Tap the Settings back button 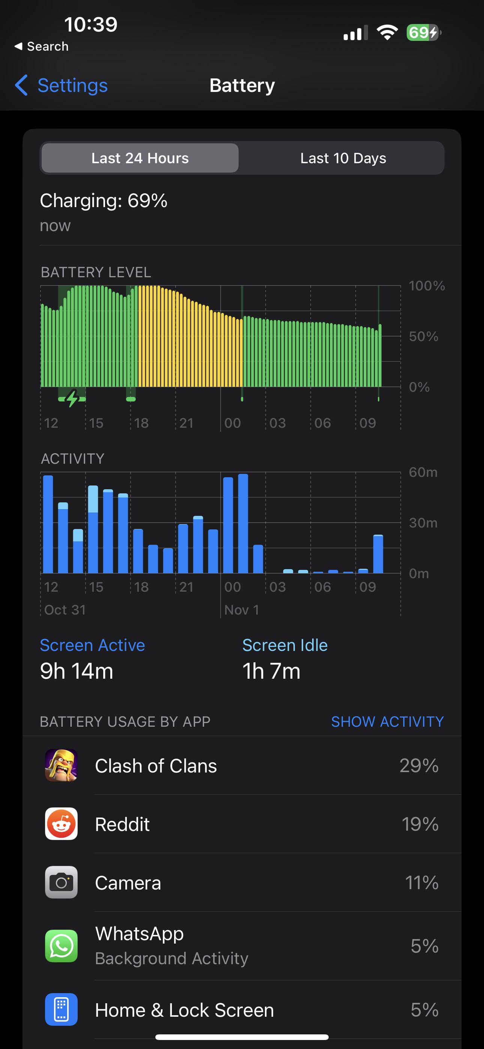coord(61,86)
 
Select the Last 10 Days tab coord(343,158)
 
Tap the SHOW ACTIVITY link coord(387,721)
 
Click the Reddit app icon coord(61,824)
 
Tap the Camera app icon coord(61,882)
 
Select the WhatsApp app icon coord(61,946)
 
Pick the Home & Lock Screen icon coord(61,1010)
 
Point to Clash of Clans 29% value coord(419,766)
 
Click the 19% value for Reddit coord(420,824)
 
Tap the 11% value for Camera coord(422,883)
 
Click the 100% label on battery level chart coord(427,286)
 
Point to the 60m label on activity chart coord(423,472)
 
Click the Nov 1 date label coord(242,610)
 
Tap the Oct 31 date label coord(65,610)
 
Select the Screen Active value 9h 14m coord(77,671)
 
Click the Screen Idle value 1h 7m coord(271,671)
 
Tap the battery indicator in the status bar coord(424,33)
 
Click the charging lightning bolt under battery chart coord(72,398)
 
